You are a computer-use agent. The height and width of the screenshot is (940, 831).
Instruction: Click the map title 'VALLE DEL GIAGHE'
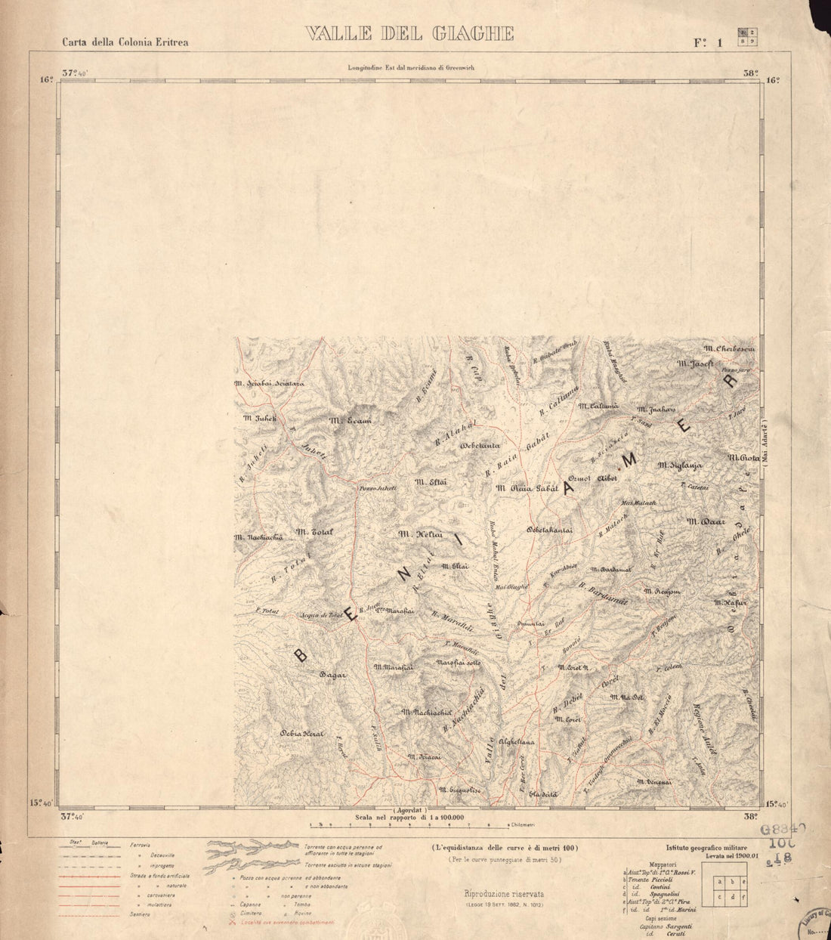(409, 34)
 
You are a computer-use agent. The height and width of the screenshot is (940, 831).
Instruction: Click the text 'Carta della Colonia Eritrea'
(125, 42)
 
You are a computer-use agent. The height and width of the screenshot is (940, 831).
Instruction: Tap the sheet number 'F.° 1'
(709, 42)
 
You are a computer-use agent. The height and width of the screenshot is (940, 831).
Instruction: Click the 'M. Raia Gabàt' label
(527, 488)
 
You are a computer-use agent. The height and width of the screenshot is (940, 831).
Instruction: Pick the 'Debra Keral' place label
(301, 733)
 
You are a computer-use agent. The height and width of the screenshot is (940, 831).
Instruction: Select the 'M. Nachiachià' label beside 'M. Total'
(259, 536)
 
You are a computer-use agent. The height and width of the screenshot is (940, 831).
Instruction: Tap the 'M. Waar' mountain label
(706, 521)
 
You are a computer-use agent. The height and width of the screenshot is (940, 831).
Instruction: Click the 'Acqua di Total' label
(321, 616)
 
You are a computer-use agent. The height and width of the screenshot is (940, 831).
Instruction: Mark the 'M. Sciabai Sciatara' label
(269, 384)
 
